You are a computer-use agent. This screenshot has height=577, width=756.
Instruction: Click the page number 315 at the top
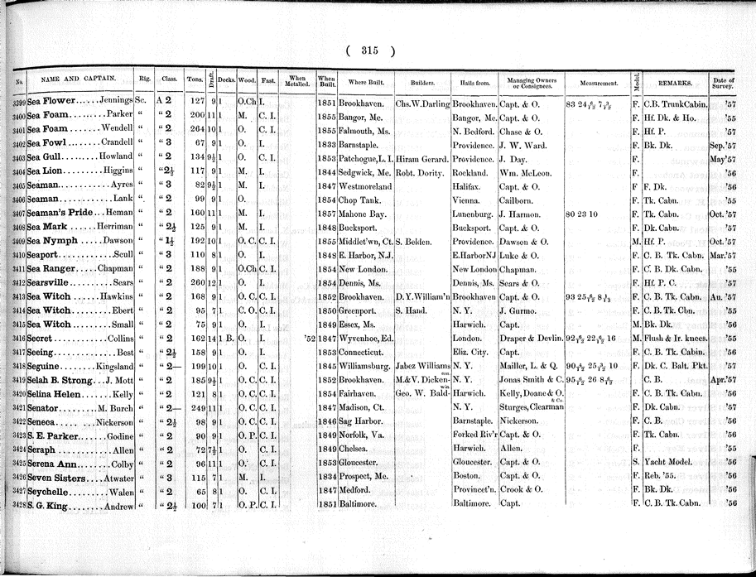(369, 50)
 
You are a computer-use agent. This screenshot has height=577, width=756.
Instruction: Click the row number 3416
(18, 339)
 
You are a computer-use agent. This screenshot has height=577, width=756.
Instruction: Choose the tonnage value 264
(195, 132)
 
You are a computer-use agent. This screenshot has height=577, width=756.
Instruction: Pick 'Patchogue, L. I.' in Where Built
(366, 157)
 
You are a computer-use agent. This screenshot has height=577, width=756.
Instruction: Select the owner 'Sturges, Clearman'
(532, 407)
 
